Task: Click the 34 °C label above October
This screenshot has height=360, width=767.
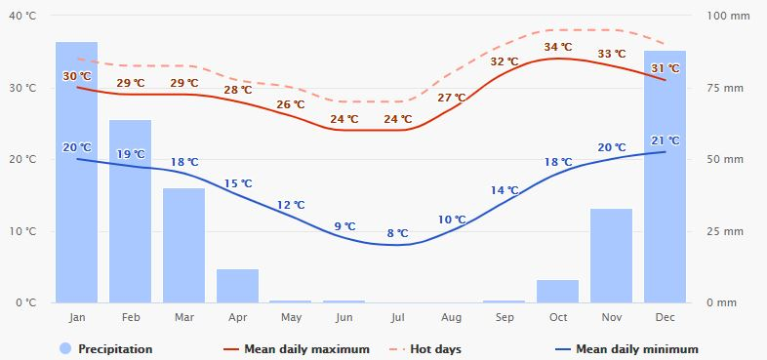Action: point(558,47)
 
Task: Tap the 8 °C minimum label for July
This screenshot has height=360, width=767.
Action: point(397,233)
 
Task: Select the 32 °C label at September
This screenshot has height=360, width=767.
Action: point(505,61)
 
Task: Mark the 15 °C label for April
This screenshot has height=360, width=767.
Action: point(238,183)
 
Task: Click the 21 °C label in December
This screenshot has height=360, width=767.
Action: point(666,140)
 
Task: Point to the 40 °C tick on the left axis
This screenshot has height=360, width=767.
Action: point(23,17)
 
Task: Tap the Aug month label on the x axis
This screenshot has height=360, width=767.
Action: point(451,318)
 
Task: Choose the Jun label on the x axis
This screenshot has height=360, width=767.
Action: point(343,318)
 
